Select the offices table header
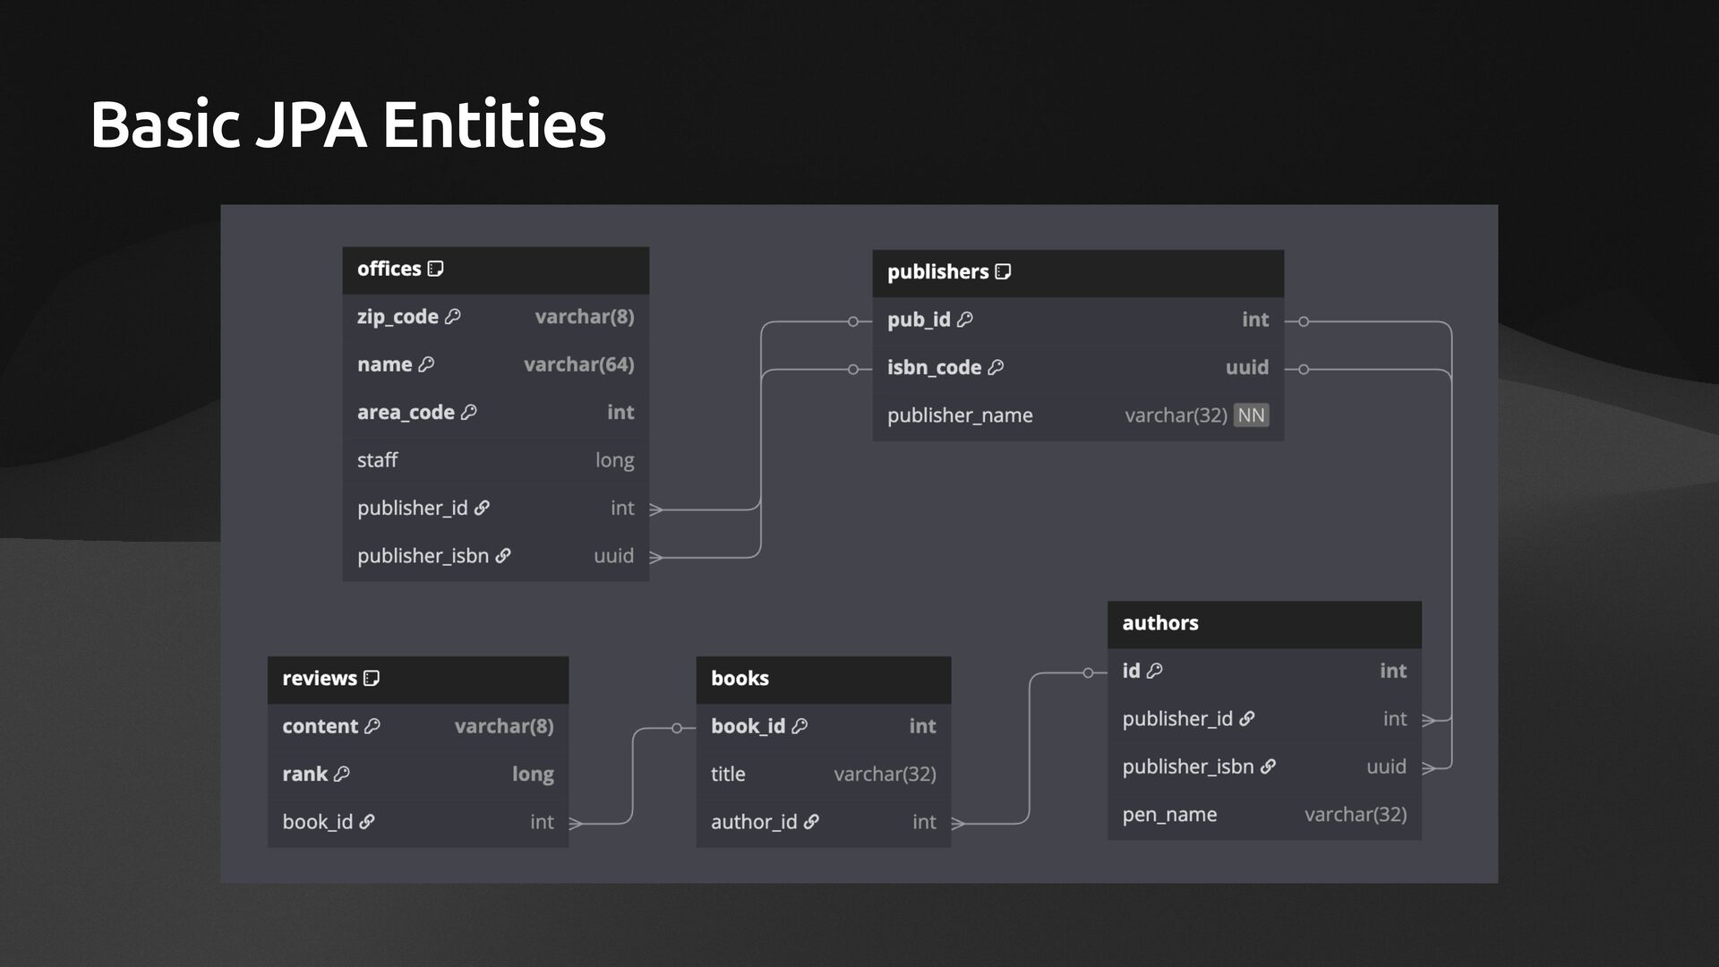[x=495, y=270]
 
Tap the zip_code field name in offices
[x=398, y=317]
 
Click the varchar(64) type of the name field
[x=578, y=364]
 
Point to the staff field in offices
[x=377, y=460]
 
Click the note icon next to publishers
[x=1004, y=271]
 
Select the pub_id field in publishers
[x=919, y=320]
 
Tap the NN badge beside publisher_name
[x=1251, y=415]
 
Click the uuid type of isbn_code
[x=1246, y=367]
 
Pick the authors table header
[x=1263, y=623]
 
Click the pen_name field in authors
[x=1169, y=815]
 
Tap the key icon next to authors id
[x=1155, y=671]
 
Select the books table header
[x=823, y=679]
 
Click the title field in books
[x=728, y=774]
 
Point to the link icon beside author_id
[x=811, y=822]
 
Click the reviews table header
[x=417, y=679]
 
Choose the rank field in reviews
[x=305, y=774]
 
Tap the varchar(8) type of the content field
[x=503, y=726]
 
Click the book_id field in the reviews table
[x=318, y=822]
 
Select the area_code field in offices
[x=406, y=413]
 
